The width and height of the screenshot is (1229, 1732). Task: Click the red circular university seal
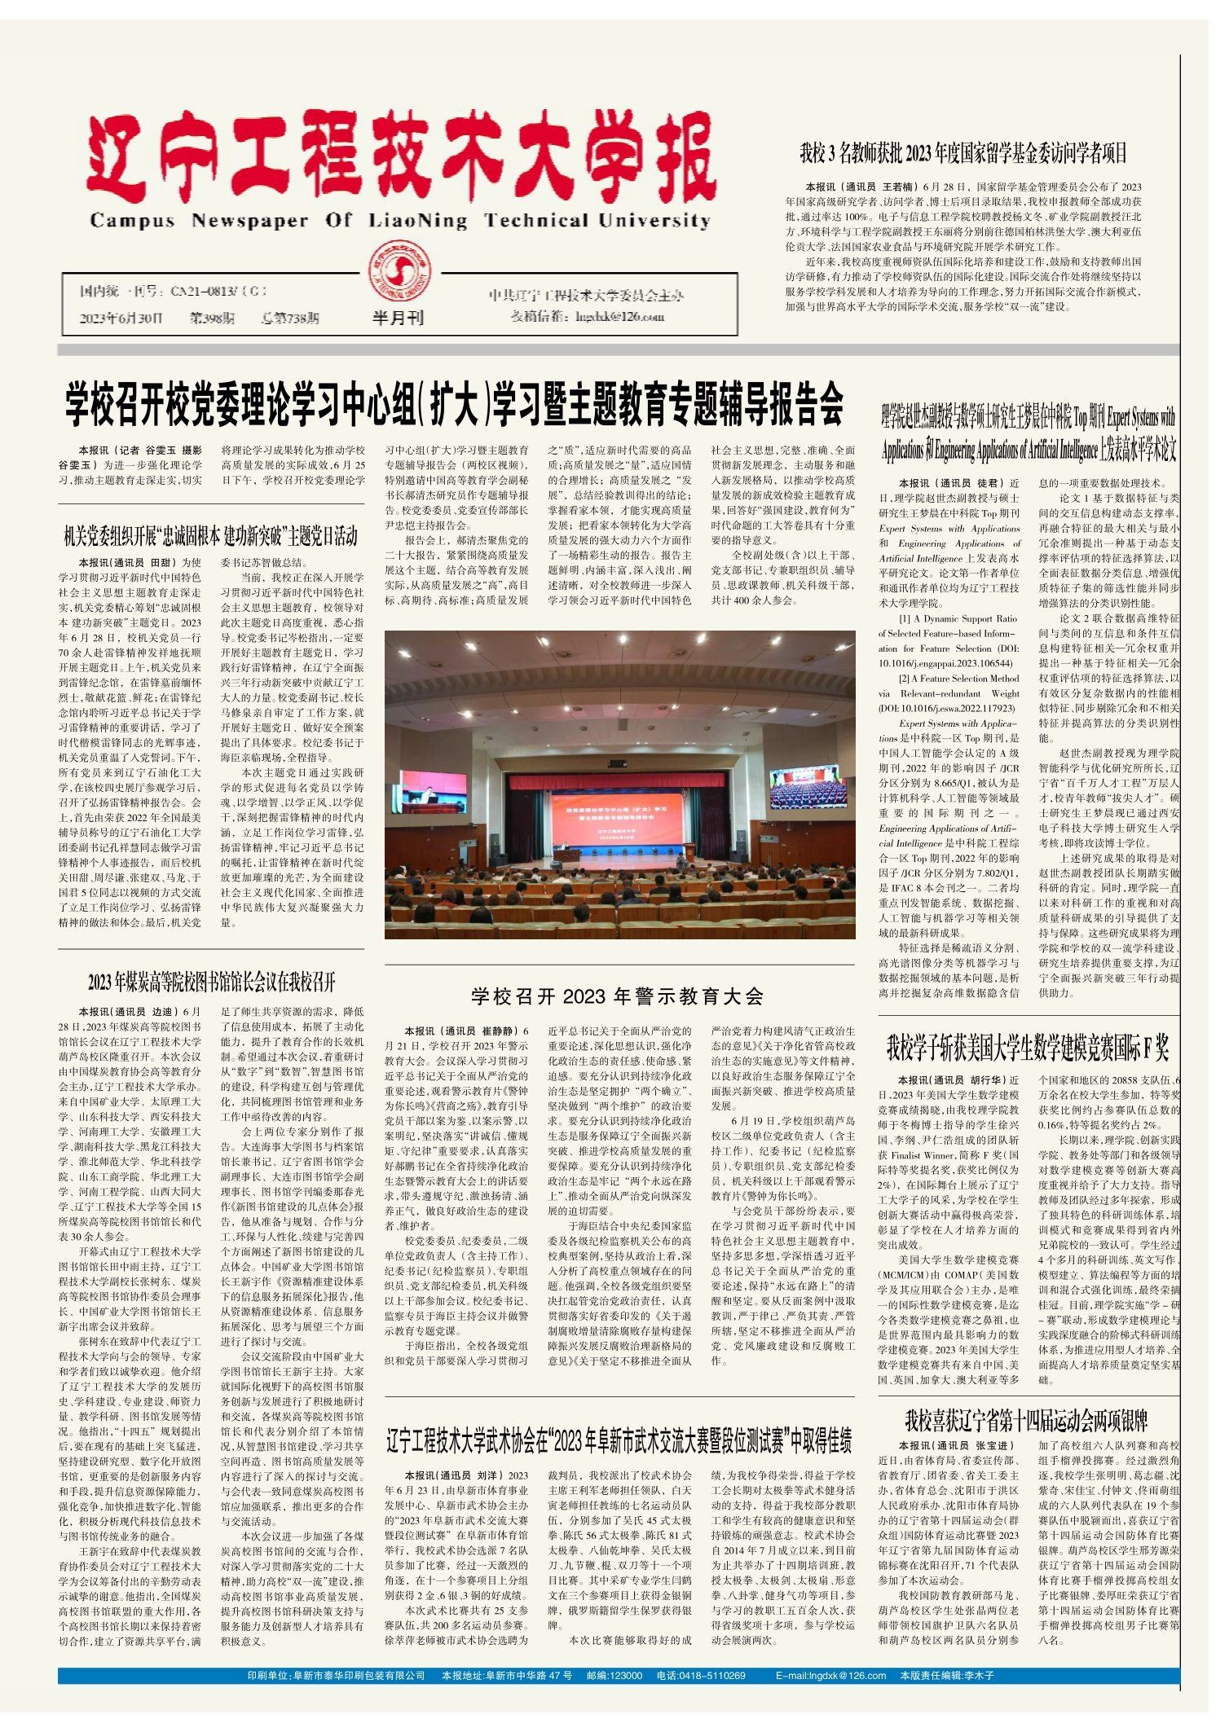(x=399, y=274)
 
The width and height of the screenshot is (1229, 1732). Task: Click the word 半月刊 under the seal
(x=399, y=317)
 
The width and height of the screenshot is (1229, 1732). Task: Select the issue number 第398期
(x=213, y=318)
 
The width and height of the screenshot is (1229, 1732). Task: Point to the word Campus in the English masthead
(x=132, y=221)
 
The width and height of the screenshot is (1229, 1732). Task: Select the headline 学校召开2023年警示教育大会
(x=618, y=996)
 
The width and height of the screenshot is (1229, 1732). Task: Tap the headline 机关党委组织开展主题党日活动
(x=210, y=537)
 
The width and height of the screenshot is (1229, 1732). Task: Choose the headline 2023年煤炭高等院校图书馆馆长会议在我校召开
(x=212, y=982)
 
